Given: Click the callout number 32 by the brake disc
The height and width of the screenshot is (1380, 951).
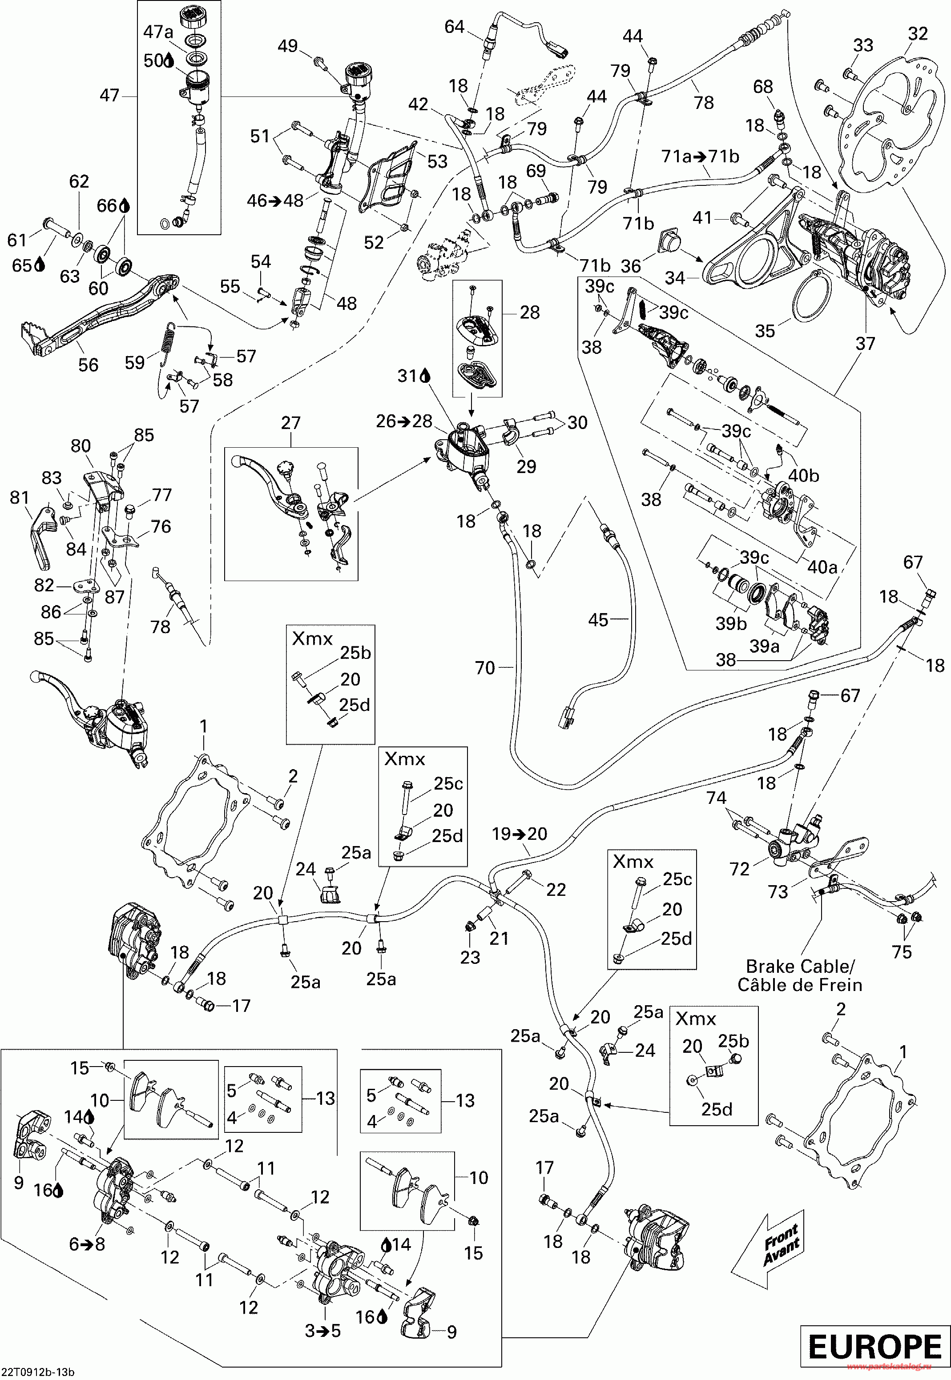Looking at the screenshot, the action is point(918,34).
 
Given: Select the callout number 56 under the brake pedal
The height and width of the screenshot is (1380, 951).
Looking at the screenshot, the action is point(88,365).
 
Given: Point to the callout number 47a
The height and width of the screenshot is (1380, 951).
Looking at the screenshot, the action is point(158,32).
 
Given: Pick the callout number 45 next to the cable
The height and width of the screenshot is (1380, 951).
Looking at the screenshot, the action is point(598,620).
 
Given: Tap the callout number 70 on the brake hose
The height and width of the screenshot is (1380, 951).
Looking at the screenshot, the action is point(485,668).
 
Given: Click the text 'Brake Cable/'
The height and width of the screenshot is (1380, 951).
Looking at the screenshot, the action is point(800,966).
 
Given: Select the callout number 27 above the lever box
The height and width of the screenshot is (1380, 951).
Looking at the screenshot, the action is point(291,423).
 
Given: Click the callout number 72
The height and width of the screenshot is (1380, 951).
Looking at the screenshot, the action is point(739,869).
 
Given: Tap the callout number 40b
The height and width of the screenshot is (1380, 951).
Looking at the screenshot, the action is point(804,475).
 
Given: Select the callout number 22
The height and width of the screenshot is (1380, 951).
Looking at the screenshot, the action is point(556,889).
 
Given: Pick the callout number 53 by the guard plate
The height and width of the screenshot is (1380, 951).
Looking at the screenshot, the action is point(437,161).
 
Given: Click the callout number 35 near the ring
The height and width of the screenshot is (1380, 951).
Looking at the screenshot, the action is point(765,331).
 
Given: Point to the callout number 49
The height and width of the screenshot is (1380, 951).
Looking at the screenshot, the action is point(288,46).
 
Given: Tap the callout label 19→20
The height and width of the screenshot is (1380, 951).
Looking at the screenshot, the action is point(520,834).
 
